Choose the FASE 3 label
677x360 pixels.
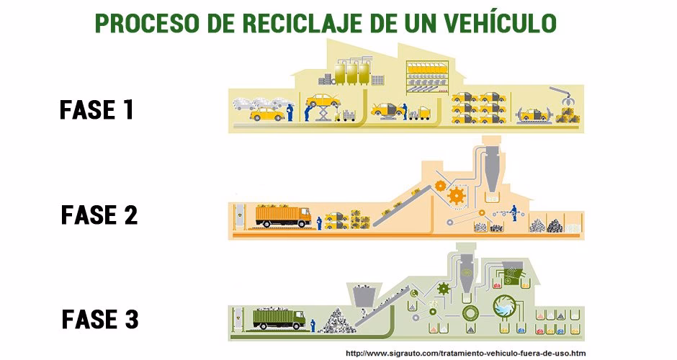click(99, 318)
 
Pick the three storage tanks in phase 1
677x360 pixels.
click(352, 72)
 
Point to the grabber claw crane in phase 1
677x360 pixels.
click(561, 97)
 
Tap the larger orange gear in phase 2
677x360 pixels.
click(455, 196)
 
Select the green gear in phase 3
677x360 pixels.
click(444, 288)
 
